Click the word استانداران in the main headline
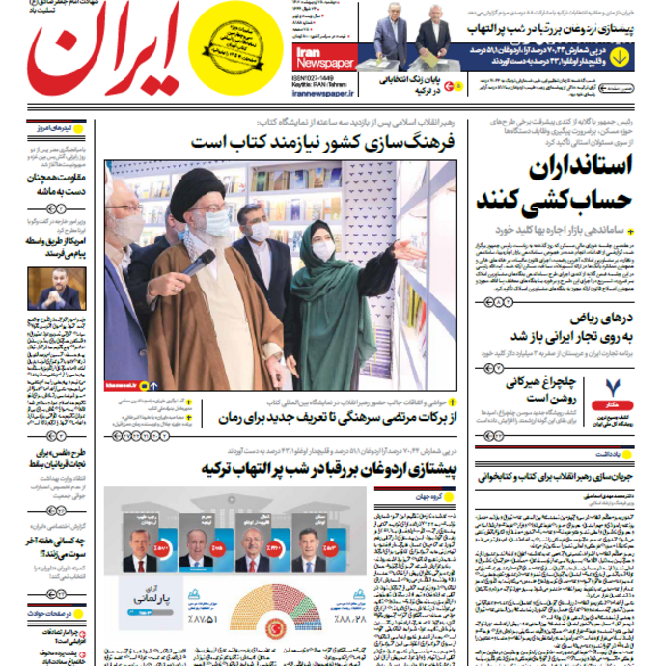[578, 165]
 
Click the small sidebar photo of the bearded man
[57, 288]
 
